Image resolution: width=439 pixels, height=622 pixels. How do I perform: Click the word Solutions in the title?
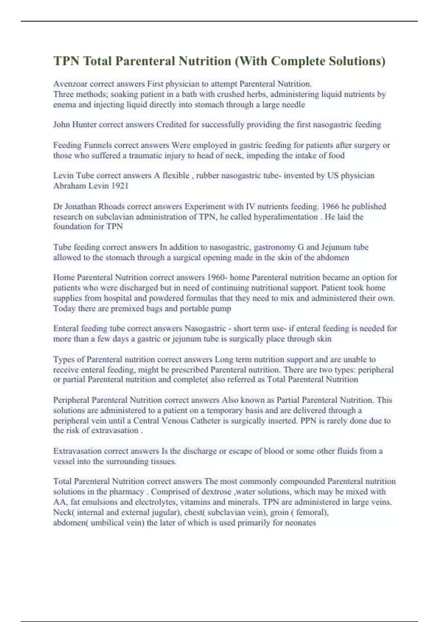click(x=354, y=61)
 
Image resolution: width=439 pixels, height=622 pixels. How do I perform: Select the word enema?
click(x=64, y=105)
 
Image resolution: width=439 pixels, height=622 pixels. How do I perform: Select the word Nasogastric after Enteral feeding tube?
click(x=205, y=329)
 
